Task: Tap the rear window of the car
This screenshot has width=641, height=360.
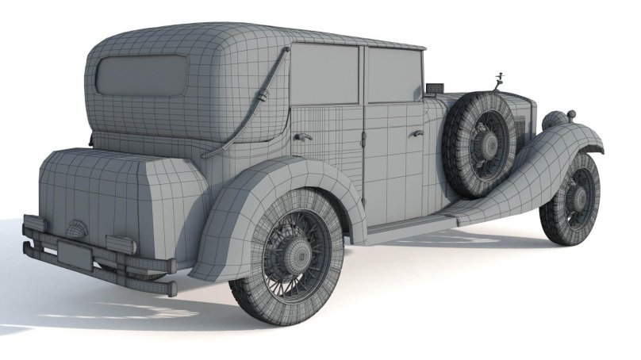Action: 141,76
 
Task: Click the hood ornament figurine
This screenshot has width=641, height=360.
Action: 500,79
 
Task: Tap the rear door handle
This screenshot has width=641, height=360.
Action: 301,136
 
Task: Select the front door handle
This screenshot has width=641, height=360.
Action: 415,132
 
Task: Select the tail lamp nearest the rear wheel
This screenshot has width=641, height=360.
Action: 121,245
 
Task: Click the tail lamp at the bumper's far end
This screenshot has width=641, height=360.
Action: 34,224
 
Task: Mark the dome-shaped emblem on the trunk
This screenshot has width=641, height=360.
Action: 77,228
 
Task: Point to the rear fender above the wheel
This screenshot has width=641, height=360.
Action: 262,179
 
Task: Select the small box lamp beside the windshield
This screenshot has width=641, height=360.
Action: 433,86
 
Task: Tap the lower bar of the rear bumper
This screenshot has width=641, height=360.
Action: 95,274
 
